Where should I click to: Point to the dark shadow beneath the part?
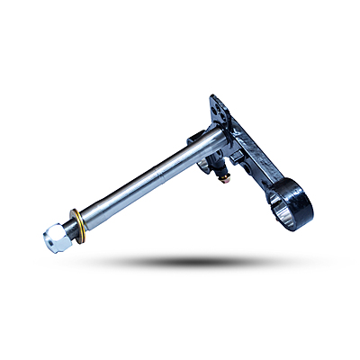[180, 261]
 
